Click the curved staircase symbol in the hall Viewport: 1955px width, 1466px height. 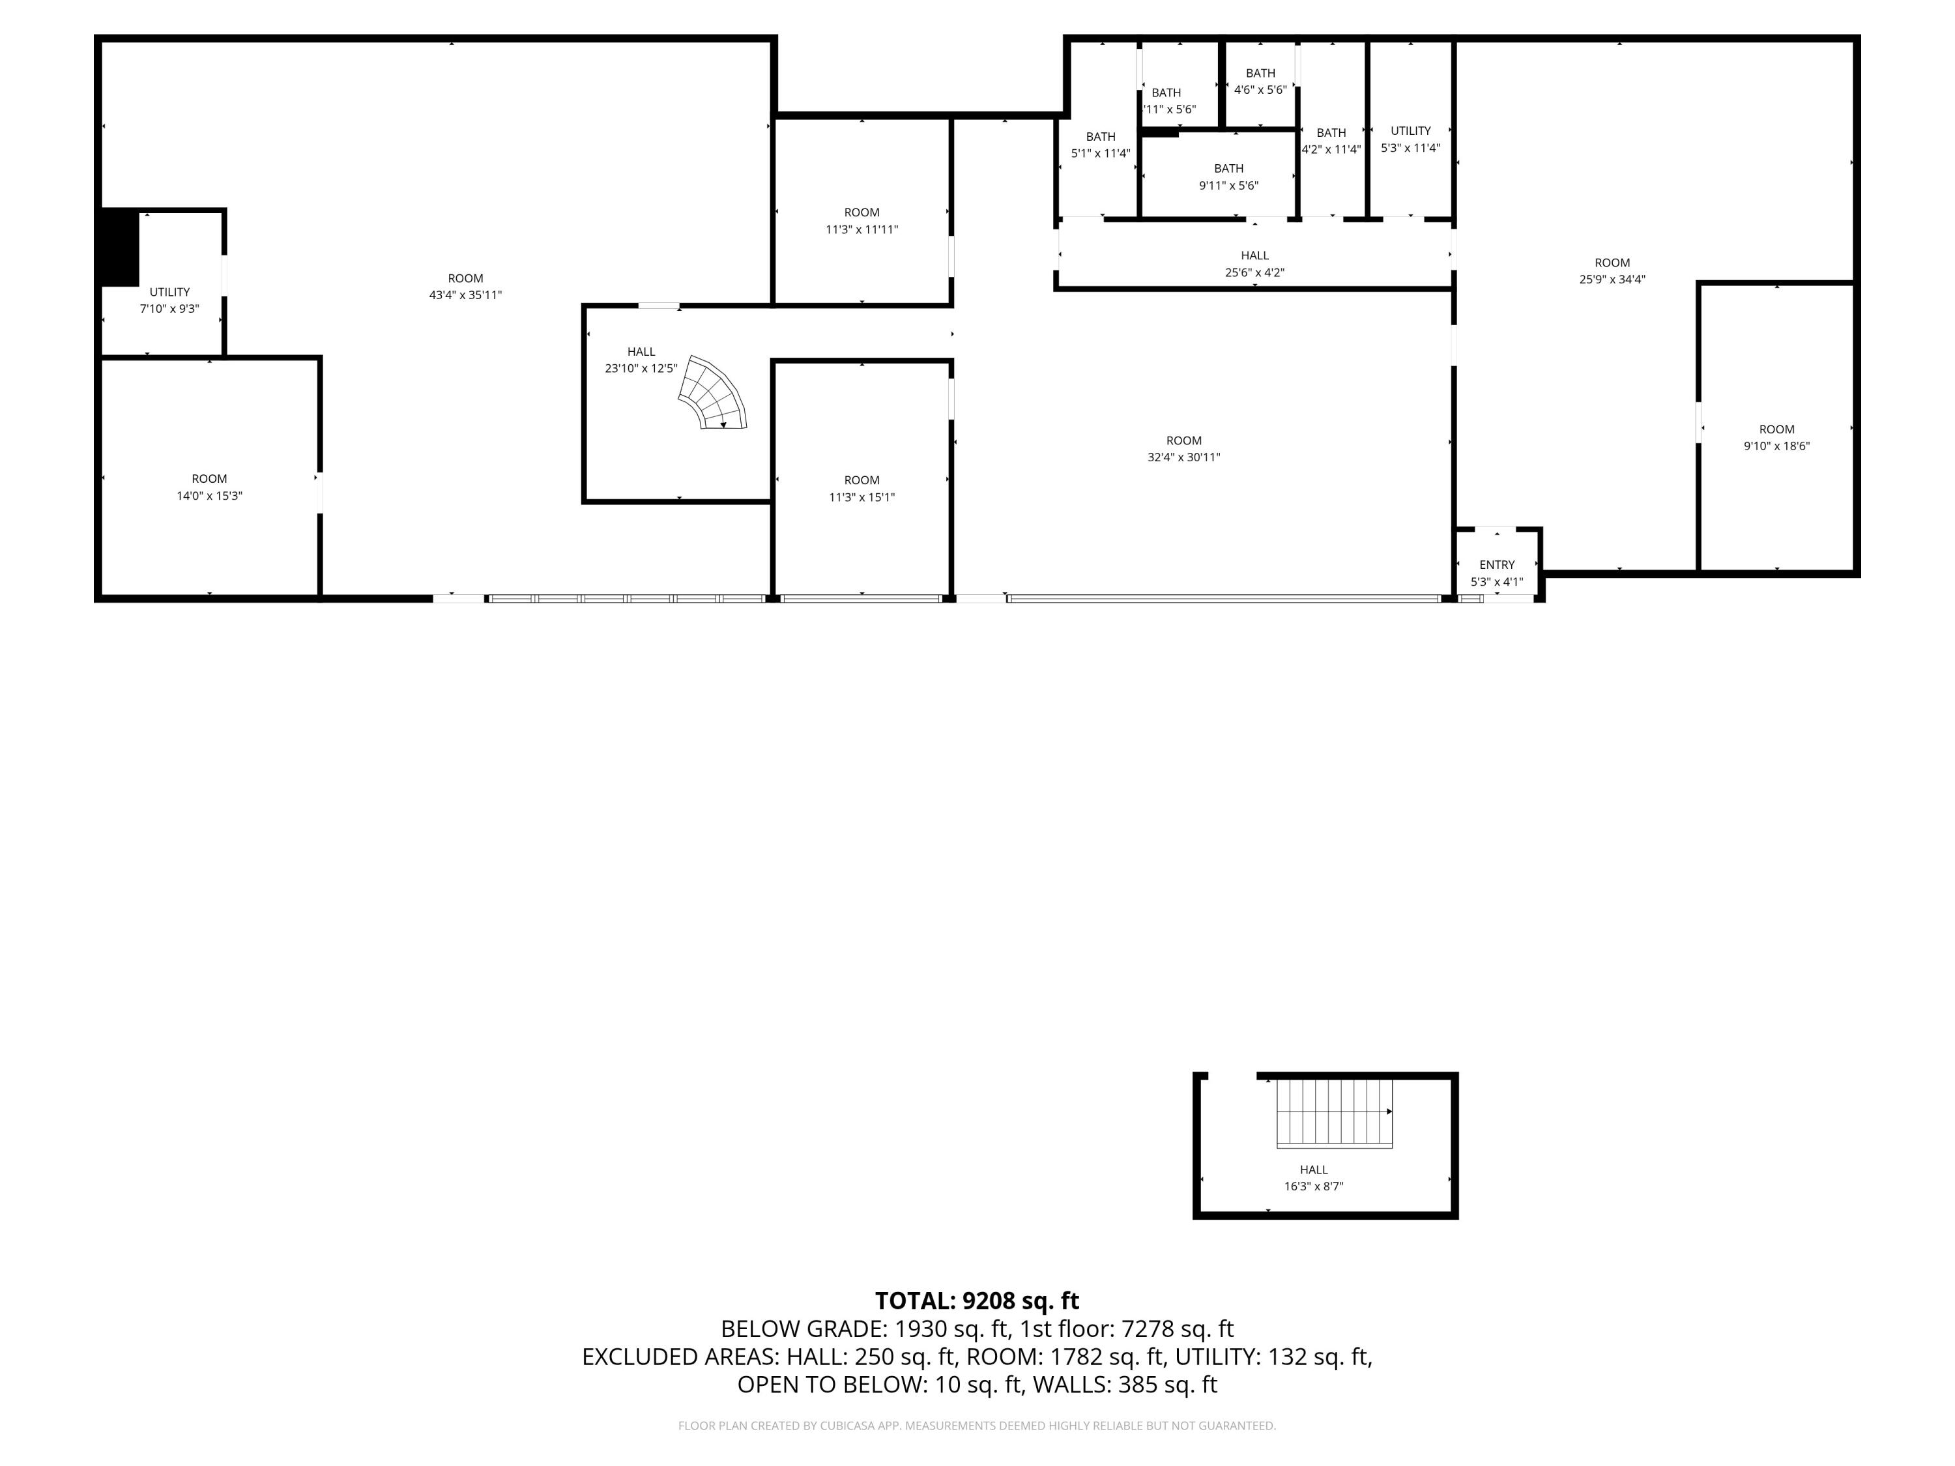712,394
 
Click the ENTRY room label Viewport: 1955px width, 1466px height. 1496,565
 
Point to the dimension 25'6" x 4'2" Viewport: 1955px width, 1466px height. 1254,273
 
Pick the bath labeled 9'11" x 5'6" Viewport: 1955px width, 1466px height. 1228,177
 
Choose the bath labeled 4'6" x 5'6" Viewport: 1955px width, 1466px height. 1260,81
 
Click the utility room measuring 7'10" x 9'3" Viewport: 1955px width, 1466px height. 169,300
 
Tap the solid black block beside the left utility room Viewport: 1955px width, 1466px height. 119,248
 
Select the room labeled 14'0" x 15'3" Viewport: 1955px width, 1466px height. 209,487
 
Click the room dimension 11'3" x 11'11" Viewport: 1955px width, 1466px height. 862,230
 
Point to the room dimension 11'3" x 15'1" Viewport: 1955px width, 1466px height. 862,498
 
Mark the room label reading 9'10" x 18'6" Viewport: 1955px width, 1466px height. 1776,446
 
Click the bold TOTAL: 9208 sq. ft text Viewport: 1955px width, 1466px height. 977,1301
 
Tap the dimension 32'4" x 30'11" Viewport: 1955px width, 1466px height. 1183,458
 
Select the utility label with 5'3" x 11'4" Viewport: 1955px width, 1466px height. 1411,139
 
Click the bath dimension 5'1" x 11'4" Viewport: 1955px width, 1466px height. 1101,154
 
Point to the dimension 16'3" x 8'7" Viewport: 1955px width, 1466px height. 1313,1186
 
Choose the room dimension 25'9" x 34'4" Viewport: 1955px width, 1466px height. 1612,280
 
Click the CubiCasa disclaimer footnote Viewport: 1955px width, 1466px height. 977,1426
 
